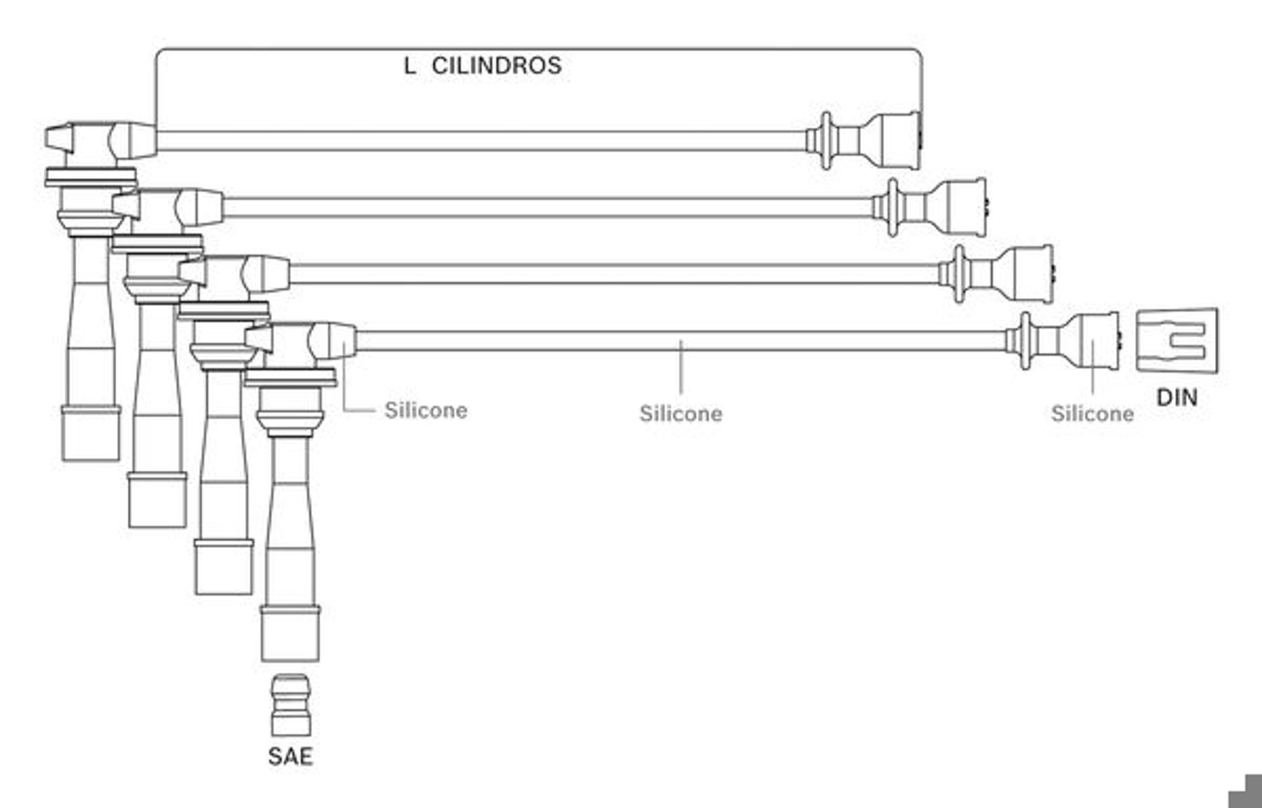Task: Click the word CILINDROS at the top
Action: tap(497, 66)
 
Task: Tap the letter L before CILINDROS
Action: tap(410, 66)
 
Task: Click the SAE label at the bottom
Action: tap(290, 757)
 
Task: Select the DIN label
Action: tap(1177, 397)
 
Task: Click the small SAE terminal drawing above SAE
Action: tap(291, 705)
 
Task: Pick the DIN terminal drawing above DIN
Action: tap(1177, 340)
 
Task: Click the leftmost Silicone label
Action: tap(426, 410)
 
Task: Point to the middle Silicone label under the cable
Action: tap(681, 413)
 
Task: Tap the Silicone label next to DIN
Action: tap(1092, 413)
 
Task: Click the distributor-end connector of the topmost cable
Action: tap(864, 140)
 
